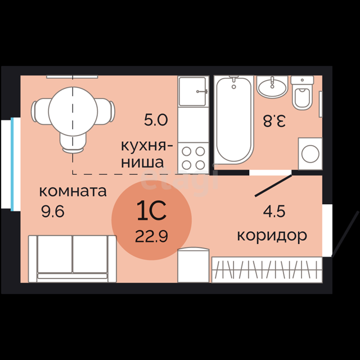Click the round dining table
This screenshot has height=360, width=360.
[x=73, y=111]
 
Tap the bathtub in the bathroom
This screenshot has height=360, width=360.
[x=234, y=120]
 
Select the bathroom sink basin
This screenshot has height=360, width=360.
[x=272, y=87]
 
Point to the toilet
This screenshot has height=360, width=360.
[x=302, y=92]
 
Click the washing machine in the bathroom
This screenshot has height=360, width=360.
[x=310, y=154]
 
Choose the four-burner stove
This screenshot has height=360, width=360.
[x=193, y=158]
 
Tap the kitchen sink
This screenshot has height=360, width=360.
[x=193, y=91]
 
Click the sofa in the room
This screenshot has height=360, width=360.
[x=73, y=259]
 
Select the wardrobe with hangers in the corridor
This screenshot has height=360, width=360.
[x=267, y=270]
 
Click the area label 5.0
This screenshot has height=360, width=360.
[x=156, y=120]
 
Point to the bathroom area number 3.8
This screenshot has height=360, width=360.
[x=274, y=121]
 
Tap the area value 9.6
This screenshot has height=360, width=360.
[x=53, y=211]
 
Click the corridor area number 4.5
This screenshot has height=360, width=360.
[x=274, y=211]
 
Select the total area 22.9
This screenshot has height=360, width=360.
[x=151, y=236]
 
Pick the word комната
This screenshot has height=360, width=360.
[x=73, y=191]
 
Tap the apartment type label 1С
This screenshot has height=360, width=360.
[x=151, y=210]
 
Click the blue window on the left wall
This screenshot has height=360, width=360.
[x=12, y=164]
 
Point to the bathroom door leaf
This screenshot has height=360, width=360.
[x=273, y=186]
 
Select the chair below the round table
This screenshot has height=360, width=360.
[x=73, y=143]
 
